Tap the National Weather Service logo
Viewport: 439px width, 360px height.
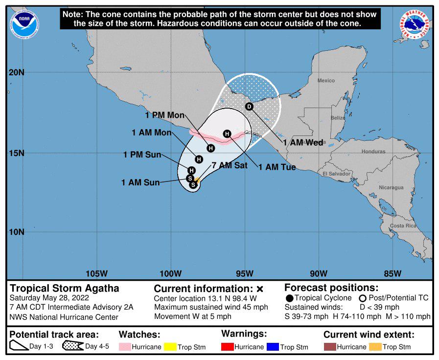tap(414, 24)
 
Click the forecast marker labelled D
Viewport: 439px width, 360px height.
tap(249, 107)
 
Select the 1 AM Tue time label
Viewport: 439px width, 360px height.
tap(277, 167)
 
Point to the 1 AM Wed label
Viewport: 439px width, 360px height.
tap(303, 143)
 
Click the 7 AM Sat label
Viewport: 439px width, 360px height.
tap(229, 165)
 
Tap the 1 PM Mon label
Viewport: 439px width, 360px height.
tap(165, 115)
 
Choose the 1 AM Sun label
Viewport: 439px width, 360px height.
tap(140, 183)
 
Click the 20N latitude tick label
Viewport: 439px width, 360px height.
tap(17, 73)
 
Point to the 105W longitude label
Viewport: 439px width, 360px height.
tap(96, 273)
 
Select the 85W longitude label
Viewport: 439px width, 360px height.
tap(393, 273)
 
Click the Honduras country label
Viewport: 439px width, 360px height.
tap(373, 152)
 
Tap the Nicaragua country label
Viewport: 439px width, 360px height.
tap(391, 187)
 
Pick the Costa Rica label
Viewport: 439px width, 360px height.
tap(403, 225)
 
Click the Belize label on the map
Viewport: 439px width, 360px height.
tap(337, 118)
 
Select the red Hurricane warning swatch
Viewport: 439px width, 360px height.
tap(227, 347)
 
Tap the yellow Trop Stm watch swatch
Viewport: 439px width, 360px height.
tap(170, 347)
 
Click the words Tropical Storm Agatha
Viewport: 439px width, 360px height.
tap(65, 288)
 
